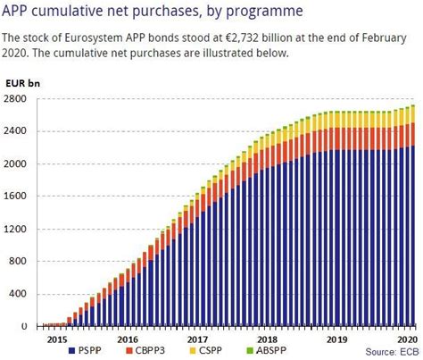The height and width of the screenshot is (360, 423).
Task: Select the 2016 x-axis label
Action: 127,339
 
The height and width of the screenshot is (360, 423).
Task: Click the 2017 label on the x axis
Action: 198,339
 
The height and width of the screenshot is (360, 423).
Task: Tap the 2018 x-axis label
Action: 268,339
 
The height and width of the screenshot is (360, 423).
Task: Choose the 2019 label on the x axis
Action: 337,339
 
